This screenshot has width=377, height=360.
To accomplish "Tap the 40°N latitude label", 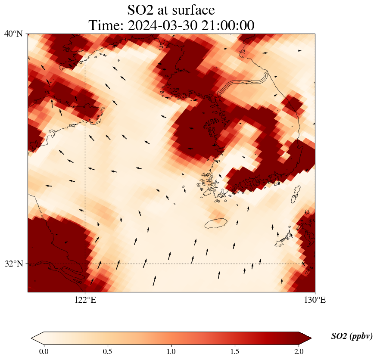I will click(x=14, y=34).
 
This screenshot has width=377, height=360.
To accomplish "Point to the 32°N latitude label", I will click(x=14, y=264).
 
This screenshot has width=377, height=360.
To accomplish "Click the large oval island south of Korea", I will click(x=215, y=223).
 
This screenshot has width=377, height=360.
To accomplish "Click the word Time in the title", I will click(x=105, y=25).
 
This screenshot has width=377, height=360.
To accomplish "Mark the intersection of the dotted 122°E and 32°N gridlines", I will click(x=85, y=264).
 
